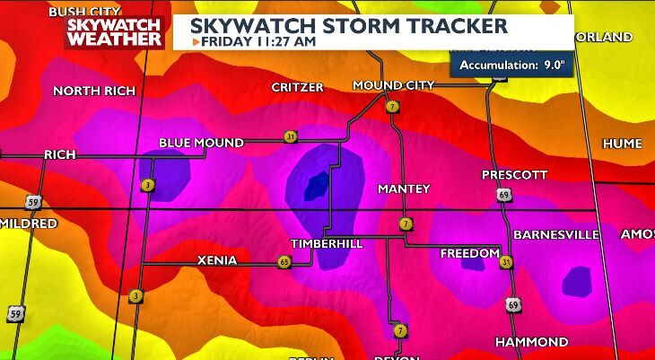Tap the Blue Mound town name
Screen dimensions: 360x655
(201, 143)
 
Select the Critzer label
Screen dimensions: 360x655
(296, 87)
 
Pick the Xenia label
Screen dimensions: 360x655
(216, 260)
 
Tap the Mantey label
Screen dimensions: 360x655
(404, 189)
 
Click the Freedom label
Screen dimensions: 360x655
(468, 254)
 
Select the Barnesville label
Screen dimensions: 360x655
(555, 234)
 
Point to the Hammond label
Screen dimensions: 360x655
(532, 342)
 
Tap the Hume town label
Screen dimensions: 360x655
(622, 144)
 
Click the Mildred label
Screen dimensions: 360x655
(29, 223)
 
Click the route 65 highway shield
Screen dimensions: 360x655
(284, 261)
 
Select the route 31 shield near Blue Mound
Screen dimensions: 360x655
(290, 136)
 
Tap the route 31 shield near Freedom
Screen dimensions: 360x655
(507, 262)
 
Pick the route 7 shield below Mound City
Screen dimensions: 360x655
(392, 107)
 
